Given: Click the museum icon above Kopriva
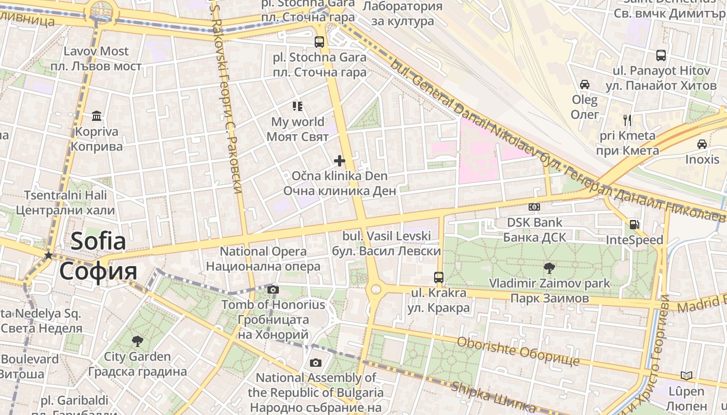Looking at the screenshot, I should coord(97,115).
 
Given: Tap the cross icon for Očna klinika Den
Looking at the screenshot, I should coord(340,160).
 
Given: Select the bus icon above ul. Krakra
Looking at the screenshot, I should coord(439,277).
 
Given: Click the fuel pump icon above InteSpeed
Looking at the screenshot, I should coord(634,225).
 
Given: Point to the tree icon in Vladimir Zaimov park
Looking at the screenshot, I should coord(549,268).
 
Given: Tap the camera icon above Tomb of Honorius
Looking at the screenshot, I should coord(273,289).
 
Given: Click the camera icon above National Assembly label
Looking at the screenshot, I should coord(316,363).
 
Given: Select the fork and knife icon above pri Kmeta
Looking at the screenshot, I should coord(627,120).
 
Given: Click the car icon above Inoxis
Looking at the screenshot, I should coord(702,144).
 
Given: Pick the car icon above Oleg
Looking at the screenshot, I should coord(585,84).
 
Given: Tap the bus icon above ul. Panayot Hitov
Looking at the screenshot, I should coord(661,55).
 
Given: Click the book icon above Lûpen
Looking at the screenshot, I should coord(686,376).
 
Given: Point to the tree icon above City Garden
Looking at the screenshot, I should coord(137,341).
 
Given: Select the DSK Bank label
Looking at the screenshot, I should coord(534,223).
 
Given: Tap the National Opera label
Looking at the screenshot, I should coord(263,252).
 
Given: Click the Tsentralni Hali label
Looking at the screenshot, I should coord(65,196).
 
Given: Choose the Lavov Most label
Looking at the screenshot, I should coord(96,51).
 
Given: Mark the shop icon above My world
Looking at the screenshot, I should coord(297,106).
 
